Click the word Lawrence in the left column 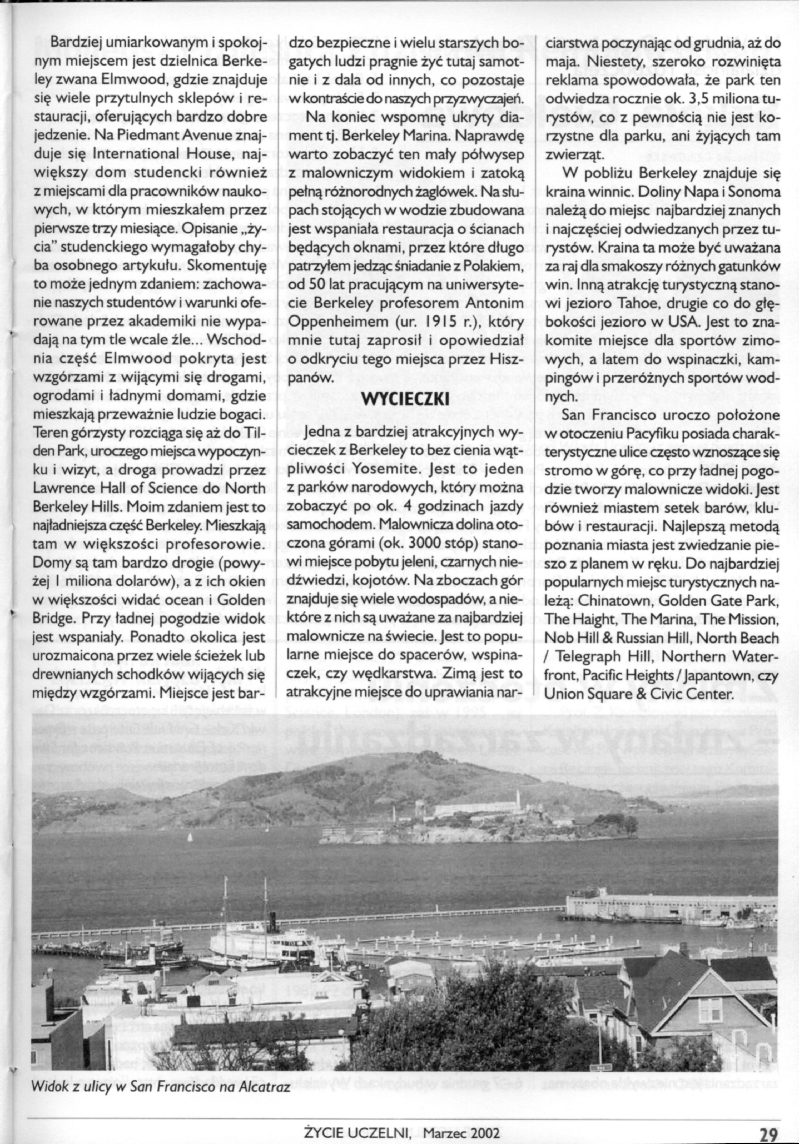(62, 489)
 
